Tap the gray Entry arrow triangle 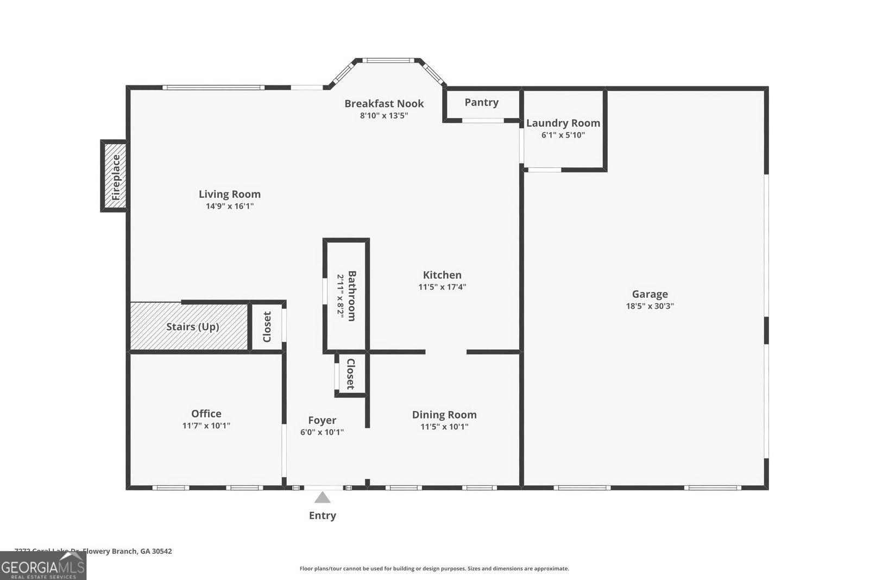click(x=323, y=498)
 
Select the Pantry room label click(x=481, y=102)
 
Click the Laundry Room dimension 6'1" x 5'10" click(x=563, y=135)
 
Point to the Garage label click(x=650, y=294)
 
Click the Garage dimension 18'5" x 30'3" click(x=650, y=306)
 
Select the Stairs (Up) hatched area click(x=189, y=326)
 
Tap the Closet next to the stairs click(x=267, y=327)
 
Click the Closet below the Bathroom click(x=351, y=374)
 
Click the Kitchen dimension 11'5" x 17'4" click(x=442, y=287)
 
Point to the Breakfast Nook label click(x=384, y=103)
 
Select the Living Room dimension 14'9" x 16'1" click(x=229, y=206)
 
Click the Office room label click(x=206, y=414)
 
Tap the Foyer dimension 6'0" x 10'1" click(x=322, y=432)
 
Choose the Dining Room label click(x=444, y=415)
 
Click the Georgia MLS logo click(x=43, y=566)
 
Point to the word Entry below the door click(x=323, y=515)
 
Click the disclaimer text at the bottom click(x=434, y=569)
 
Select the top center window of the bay click(x=388, y=60)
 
